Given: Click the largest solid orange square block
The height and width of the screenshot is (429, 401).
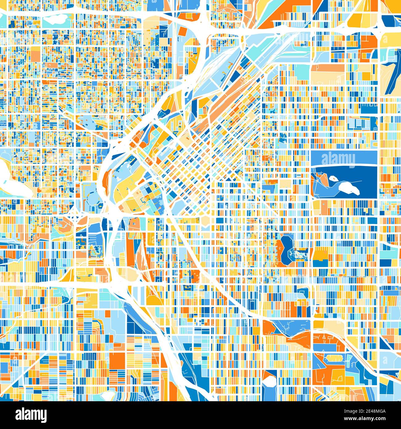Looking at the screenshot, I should point(117,360).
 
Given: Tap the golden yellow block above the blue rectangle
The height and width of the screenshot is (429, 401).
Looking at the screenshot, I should point(321,255).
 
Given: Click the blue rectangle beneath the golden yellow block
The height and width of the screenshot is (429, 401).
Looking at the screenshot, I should point(321,263).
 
